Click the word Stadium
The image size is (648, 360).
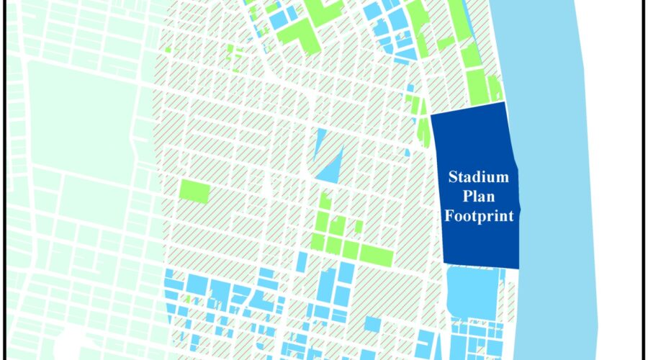click(x=479, y=176)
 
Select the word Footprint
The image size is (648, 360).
click(x=479, y=215)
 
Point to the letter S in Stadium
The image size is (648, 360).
click(x=453, y=176)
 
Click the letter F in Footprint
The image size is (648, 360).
click(x=449, y=215)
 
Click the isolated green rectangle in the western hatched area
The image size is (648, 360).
click(x=194, y=192)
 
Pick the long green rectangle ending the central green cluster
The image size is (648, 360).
click(x=377, y=255)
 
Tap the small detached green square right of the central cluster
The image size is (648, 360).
click(x=358, y=227)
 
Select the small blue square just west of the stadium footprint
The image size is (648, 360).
click(x=408, y=152)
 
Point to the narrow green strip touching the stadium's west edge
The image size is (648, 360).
click(x=423, y=133)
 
